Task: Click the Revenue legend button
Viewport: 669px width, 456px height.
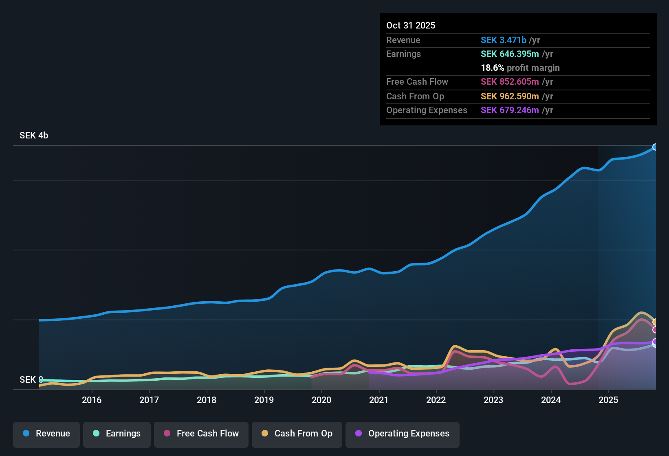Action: [x=46, y=434]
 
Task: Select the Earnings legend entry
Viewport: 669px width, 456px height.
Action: [x=117, y=434]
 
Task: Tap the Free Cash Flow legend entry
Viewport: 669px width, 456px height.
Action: [x=201, y=434]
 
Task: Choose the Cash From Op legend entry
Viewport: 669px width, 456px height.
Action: [x=297, y=434]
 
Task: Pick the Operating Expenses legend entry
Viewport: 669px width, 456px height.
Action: [x=403, y=434]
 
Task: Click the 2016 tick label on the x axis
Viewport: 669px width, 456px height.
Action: [x=92, y=400]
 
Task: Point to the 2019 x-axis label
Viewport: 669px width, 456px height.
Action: [x=264, y=400]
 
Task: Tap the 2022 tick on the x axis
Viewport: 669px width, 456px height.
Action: [x=436, y=400]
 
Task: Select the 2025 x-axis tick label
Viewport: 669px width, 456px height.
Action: [x=608, y=400]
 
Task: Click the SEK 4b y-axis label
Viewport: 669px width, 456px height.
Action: [x=34, y=136]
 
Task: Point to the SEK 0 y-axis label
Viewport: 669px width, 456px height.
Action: [x=31, y=380]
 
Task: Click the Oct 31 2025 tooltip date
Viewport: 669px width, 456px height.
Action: [x=411, y=26]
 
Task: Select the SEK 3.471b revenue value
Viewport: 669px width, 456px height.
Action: [x=504, y=40]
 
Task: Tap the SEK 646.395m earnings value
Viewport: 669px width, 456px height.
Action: [x=510, y=54]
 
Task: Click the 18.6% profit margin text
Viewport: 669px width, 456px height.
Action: [x=520, y=68]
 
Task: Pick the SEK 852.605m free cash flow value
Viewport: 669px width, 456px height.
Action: [x=510, y=82]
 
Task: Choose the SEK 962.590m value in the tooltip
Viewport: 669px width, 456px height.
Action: [x=510, y=96]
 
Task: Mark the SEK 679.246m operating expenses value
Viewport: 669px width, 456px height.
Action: [x=510, y=110]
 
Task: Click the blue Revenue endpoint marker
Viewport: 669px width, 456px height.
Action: [x=655, y=147]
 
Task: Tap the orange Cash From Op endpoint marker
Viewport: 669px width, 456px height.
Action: [x=655, y=322]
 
